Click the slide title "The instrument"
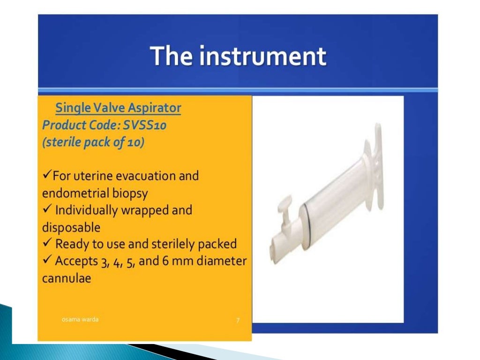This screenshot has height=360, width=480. click(x=238, y=56)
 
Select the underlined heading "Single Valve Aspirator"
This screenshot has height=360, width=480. click(x=118, y=108)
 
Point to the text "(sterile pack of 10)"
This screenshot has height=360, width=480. click(x=93, y=142)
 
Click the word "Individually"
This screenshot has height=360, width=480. click(x=87, y=210)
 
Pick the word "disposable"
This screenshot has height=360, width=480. click(x=71, y=227)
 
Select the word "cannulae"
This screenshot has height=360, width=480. click(x=67, y=278)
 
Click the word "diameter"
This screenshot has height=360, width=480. click(x=221, y=261)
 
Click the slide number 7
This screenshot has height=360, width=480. click(x=238, y=320)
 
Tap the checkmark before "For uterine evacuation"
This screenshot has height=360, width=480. click(x=46, y=176)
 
